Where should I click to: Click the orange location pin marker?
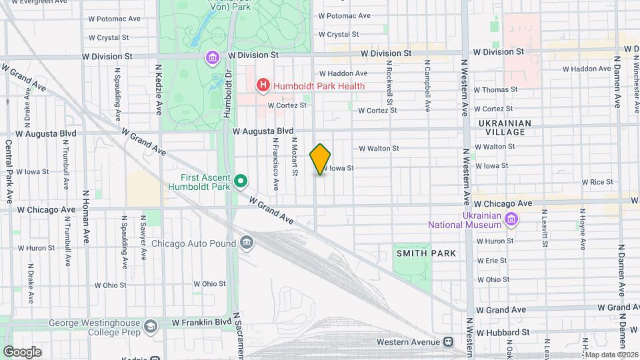click(321, 159)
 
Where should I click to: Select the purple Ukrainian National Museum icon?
click(511, 219)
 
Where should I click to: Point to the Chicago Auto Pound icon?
click(247, 241)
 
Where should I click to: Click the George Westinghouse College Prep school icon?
click(151, 326)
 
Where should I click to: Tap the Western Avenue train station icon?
click(448, 341)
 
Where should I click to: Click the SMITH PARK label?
click(426, 253)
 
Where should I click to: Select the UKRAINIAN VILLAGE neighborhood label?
click(505, 127)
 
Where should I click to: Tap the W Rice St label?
click(597, 181)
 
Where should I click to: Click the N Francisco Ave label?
click(275, 163)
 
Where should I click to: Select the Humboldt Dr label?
click(227, 93)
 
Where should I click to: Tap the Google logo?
click(21, 351)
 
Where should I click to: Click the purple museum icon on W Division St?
click(213, 57)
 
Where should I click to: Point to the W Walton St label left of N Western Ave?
click(379, 149)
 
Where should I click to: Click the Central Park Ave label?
click(9, 163)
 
